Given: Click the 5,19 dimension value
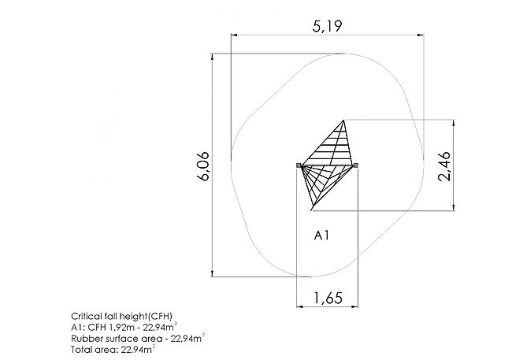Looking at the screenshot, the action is (x=327, y=26).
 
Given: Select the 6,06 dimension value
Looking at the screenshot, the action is (x=203, y=166).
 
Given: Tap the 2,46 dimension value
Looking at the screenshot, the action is (x=445, y=166).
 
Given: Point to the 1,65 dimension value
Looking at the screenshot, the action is (x=328, y=298).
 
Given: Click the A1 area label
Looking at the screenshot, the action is (x=321, y=236).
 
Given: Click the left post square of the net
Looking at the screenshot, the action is (x=298, y=165).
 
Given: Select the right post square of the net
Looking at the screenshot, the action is (x=356, y=165).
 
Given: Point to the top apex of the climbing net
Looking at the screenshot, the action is (x=343, y=121).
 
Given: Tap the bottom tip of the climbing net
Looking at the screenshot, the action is (x=311, y=210).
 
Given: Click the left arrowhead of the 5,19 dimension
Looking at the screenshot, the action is (x=233, y=35).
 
